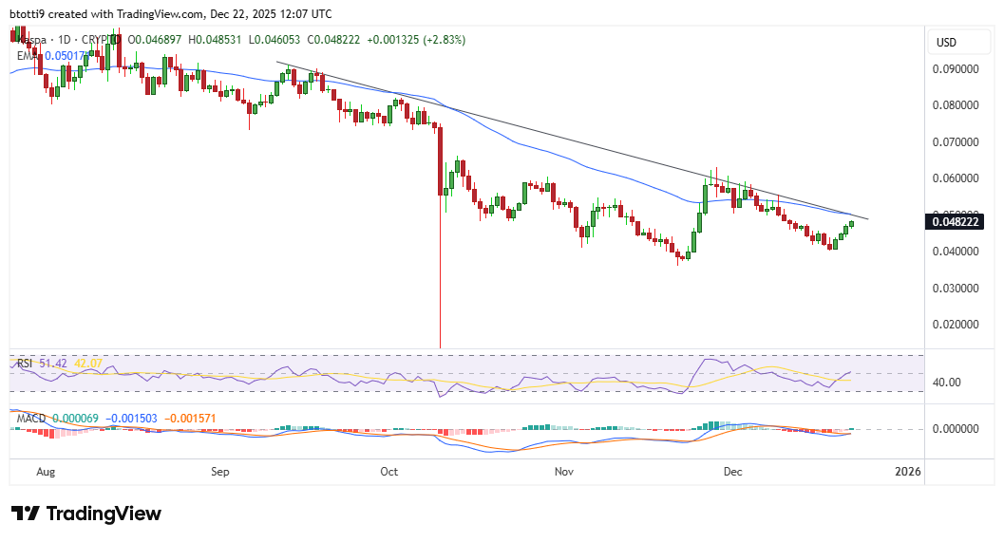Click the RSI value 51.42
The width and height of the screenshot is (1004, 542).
(x=50, y=364)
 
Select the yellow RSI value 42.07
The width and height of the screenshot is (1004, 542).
(x=88, y=364)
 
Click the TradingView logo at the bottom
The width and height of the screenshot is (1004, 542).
(x=86, y=514)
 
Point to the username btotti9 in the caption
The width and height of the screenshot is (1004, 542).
(x=30, y=14)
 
